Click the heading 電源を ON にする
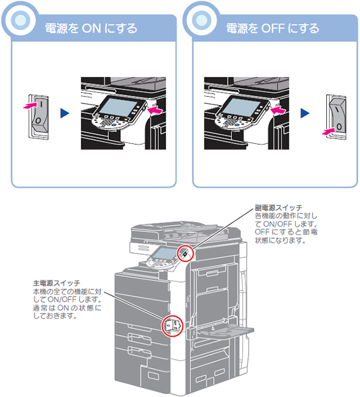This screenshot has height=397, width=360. coord(91,28)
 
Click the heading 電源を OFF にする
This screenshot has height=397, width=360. coord(273,28)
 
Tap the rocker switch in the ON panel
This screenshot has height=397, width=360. coord(39,116)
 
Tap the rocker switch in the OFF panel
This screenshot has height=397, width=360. coord(336,117)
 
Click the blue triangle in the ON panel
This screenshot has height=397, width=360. coord(65,113)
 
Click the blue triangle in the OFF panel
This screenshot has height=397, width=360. coord(305,113)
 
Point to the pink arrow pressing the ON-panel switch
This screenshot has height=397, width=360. coord(30,105)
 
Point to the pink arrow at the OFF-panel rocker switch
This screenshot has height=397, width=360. coord(329,131)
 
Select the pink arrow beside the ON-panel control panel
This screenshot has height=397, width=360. coord(154,111)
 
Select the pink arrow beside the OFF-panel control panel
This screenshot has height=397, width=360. coord(278,111)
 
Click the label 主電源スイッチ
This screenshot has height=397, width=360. coord(57,283)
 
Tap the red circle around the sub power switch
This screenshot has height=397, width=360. coord(185,253)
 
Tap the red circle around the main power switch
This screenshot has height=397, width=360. coord(172,326)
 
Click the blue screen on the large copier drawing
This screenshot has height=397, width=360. coord(164,254)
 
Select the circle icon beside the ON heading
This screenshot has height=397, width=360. coord(20,20)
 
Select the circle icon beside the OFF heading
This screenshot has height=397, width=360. coord(202,20)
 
